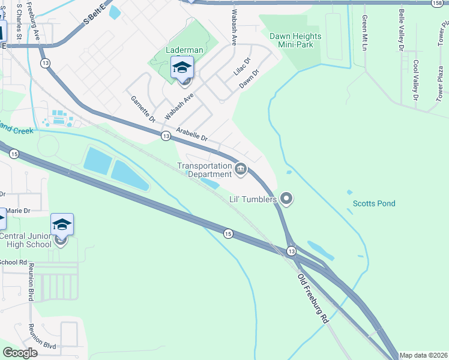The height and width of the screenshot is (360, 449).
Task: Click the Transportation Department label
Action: click(x=205, y=170)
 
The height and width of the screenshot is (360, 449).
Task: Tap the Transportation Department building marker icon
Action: click(x=241, y=170)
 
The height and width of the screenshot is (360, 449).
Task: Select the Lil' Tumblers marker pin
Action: click(x=286, y=199)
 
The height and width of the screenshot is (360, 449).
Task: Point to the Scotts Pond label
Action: click(x=373, y=203)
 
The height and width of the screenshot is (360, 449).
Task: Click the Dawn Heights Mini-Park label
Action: click(x=295, y=40)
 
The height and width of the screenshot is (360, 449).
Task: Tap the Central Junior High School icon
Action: click(x=62, y=226)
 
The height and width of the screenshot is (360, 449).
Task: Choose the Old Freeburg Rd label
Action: click(x=314, y=299)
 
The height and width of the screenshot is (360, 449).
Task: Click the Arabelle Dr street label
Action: click(x=191, y=134)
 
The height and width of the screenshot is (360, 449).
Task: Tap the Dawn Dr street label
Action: click(x=249, y=79)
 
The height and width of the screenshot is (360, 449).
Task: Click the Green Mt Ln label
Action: click(x=364, y=33)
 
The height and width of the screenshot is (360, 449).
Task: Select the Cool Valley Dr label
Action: click(x=415, y=80)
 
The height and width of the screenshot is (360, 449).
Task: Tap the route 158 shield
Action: click(x=438, y=3)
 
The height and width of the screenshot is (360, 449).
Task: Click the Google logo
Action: click(x=20, y=352)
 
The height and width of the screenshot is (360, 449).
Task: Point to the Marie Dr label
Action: click(x=18, y=211)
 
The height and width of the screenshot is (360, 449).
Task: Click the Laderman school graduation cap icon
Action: click(x=182, y=68)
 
